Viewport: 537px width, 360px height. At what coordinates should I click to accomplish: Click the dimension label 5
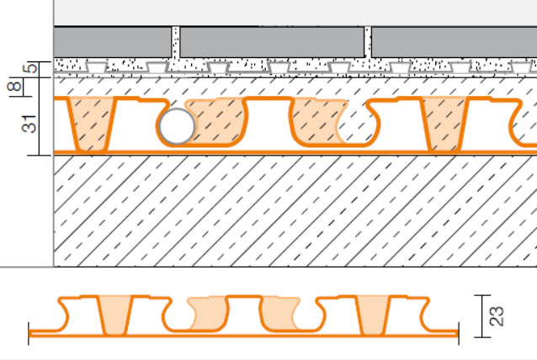(31, 68)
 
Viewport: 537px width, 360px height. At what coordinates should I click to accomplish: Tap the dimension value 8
(14, 86)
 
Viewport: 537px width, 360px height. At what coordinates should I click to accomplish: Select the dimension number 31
(29, 124)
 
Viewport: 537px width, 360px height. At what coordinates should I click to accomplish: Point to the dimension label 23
(497, 316)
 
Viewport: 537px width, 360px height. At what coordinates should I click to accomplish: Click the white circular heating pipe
(178, 126)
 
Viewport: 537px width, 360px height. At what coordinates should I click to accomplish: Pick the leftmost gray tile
(112, 42)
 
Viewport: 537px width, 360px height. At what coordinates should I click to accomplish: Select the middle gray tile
(272, 42)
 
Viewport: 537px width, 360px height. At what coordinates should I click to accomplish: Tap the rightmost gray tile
(455, 42)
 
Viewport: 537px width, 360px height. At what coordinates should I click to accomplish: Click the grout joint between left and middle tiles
(176, 42)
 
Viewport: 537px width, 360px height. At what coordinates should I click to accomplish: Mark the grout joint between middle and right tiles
(368, 42)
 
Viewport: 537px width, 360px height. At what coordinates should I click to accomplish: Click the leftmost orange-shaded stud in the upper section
(91, 124)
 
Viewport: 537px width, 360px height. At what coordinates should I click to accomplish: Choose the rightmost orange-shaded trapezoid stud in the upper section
(444, 124)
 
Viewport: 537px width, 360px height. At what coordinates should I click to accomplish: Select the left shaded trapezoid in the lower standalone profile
(114, 315)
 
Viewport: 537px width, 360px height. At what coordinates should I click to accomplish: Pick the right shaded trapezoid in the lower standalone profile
(373, 315)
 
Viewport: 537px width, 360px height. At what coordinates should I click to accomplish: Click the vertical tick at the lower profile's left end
(29, 333)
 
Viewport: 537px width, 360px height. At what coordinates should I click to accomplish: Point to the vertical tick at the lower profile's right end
(458, 333)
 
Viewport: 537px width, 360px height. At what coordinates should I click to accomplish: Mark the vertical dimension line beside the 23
(481, 316)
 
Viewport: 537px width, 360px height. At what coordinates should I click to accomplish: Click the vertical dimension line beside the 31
(40, 116)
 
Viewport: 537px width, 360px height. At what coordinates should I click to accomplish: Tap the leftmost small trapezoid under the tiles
(96, 67)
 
